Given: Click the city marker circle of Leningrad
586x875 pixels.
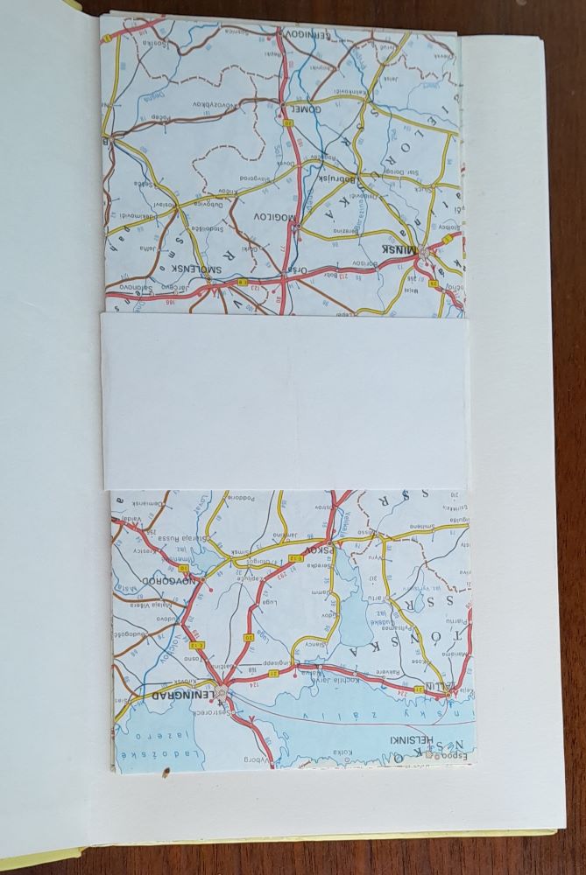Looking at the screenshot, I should pyautogui.click(x=222, y=693).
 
